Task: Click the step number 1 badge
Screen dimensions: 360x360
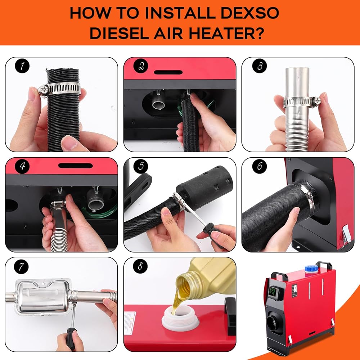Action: point(22,66)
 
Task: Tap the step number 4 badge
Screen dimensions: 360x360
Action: point(22,166)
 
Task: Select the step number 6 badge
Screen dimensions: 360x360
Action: point(260,166)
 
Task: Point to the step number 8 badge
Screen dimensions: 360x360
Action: point(140,266)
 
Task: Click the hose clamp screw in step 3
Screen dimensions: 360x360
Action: point(316,100)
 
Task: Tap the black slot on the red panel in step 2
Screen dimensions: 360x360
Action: point(168,72)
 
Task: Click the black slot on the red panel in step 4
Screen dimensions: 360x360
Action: point(76,166)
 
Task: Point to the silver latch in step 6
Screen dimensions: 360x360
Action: point(346,234)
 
